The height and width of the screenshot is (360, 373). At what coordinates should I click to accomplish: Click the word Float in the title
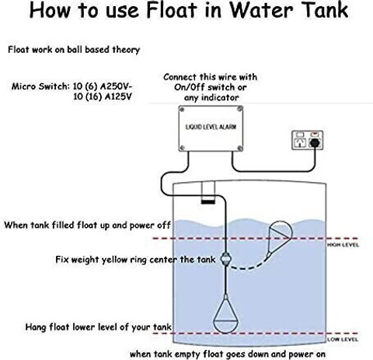(172, 10)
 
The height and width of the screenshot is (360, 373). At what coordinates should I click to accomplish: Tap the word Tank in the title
(325, 10)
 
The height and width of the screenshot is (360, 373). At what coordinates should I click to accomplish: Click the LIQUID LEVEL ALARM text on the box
(211, 127)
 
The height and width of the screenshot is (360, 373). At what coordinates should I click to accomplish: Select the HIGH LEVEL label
(343, 245)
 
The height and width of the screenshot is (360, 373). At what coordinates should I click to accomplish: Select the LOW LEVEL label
(343, 340)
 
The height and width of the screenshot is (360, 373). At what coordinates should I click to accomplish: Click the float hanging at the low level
(225, 314)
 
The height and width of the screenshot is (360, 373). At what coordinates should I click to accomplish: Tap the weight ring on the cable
(225, 259)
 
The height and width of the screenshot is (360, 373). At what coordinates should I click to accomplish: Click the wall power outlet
(307, 140)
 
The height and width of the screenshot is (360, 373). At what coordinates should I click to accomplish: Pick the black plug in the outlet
(315, 142)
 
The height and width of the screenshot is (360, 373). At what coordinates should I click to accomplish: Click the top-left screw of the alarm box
(182, 110)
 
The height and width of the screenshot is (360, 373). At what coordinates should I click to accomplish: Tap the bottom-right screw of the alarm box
(240, 148)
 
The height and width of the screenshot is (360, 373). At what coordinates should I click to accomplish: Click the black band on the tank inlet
(208, 201)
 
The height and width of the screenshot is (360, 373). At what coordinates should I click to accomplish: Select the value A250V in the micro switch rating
(116, 86)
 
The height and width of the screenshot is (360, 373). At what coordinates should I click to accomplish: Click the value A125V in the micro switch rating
(118, 96)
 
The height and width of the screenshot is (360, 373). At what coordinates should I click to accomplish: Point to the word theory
(126, 50)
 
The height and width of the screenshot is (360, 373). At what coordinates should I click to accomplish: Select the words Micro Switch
(40, 86)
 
